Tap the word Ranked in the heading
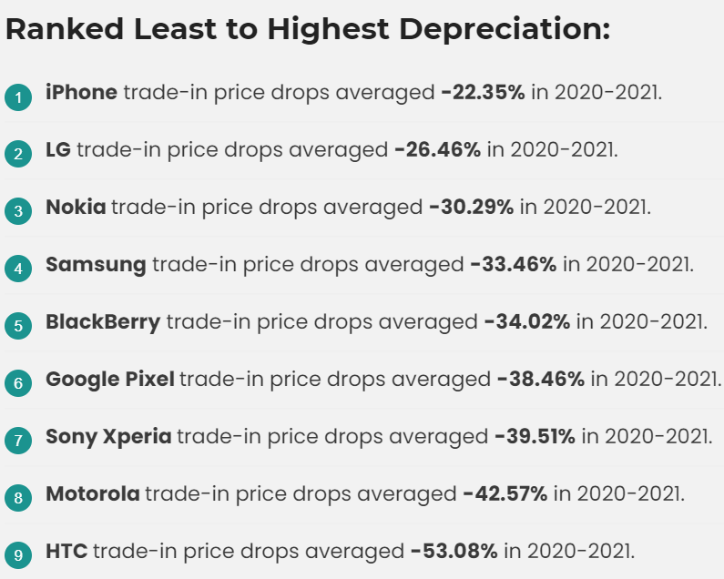click(x=64, y=29)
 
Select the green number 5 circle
click(x=17, y=326)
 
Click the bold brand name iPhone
click(x=81, y=92)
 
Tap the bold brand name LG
click(x=57, y=149)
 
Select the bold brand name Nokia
click(x=76, y=207)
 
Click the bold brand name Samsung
click(x=96, y=264)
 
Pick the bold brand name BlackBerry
click(x=103, y=321)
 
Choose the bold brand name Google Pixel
click(x=109, y=379)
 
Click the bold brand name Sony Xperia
click(x=108, y=436)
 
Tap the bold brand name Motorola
click(x=93, y=493)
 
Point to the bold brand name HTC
click(x=66, y=551)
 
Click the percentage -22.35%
click(x=483, y=92)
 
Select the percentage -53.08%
click(x=454, y=551)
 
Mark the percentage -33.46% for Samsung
click(x=513, y=264)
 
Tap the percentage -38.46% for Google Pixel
click(x=540, y=379)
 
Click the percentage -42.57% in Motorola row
click(x=505, y=493)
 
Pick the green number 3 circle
click(x=17, y=211)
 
